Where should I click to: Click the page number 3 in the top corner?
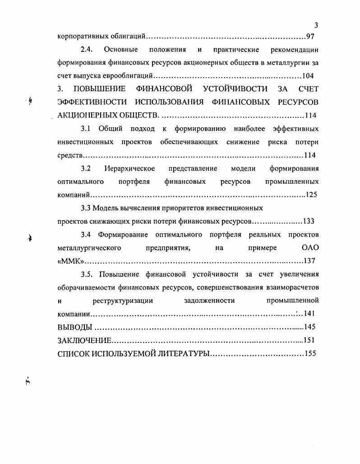point(316,25)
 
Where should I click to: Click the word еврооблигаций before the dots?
point(131,75)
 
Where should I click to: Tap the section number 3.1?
point(86,129)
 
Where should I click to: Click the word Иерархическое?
point(129,168)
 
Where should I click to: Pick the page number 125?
point(311,195)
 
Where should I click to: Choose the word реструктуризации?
point(123,300)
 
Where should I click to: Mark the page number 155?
point(310,353)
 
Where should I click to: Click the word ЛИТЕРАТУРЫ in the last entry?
point(183,353)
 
